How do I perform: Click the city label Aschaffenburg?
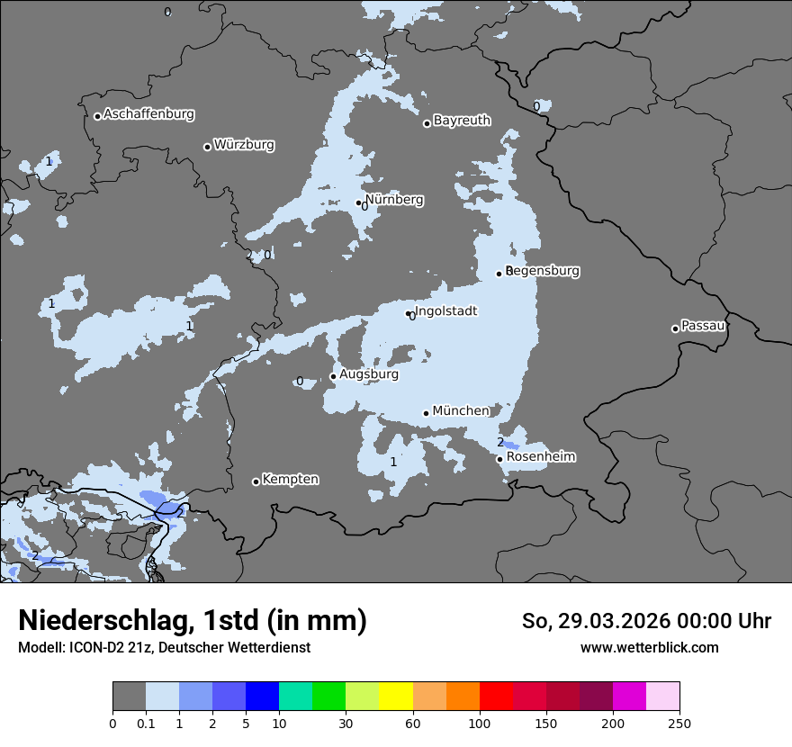coord(148,114)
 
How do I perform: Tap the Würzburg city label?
coord(244,145)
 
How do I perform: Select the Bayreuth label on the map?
coord(462,121)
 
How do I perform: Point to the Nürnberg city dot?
coord(358,202)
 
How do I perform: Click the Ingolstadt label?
coord(445,311)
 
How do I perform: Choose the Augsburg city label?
coord(369,374)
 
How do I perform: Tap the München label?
coord(461,411)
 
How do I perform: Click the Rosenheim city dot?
coord(499,459)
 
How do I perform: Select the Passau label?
coord(704,326)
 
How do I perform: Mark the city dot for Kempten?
coord(256,481)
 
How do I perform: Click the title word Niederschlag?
coord(104,621)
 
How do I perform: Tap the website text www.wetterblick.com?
coord(649,648)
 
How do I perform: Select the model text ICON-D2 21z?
coord(107,648)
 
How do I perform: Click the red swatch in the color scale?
coord(496,697)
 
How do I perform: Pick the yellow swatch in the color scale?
coord(396,697)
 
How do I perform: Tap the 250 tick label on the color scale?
coord(679,723)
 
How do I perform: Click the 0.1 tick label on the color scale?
coord(146,723)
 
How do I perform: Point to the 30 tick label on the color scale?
coord(346,723)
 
